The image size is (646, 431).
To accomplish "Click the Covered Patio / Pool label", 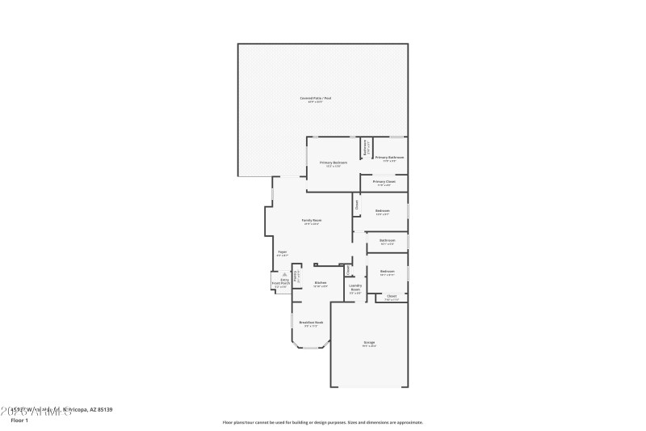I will (x=316, y=99).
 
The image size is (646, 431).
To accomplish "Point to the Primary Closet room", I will (x=384, y=183).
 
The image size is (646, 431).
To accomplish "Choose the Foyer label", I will (x=283, y=252).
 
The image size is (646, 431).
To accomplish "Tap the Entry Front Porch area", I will (x=279, y=282).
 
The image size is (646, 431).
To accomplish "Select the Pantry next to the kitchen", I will (x=296, y=275).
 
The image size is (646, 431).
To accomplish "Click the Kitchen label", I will (x=320, y=283).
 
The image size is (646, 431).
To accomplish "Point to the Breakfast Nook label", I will (x=311, y=323).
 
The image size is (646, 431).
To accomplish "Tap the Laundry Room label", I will (x=354, y=288).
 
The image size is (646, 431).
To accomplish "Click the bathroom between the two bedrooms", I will (x=388, y=241).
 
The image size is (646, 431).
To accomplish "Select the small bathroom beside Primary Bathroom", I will (x=366, y=149).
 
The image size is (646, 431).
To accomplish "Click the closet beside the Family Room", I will (x=356, y=205).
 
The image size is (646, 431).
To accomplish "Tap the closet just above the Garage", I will (x=391, y=297).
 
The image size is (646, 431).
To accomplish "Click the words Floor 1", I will (x=19, y=420).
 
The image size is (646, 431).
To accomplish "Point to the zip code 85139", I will (x=104, y=410).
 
